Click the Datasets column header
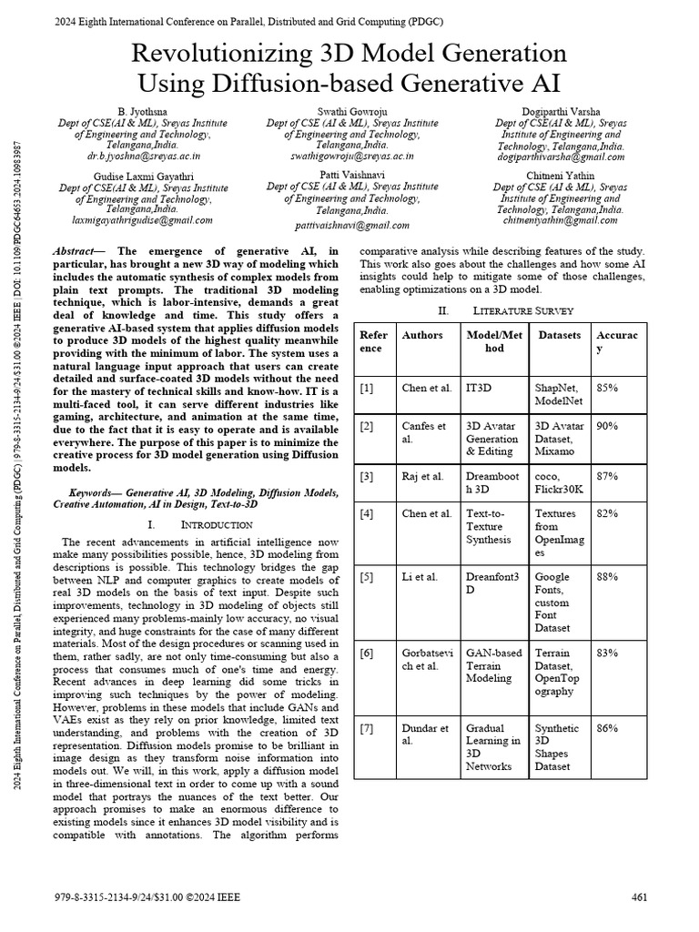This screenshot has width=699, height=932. click(x=559, y=335)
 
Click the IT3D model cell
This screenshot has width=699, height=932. click(x=479, y=388)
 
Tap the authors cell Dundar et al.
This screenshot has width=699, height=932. click(x=425, y=734)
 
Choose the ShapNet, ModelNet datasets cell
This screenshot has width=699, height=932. click(x=558, y=394)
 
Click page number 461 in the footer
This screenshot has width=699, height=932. click(x=639, y=897)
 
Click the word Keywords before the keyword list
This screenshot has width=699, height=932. click(x=95, y=491)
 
